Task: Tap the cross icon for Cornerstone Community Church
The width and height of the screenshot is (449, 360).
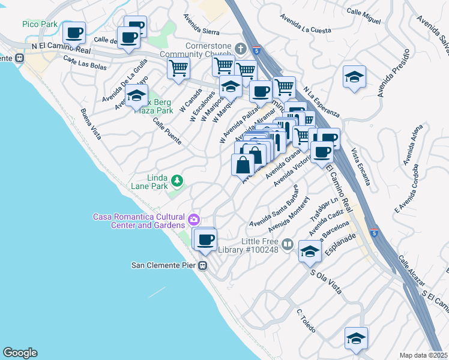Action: (241, 48)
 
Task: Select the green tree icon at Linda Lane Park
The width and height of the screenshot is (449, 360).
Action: (177, 180)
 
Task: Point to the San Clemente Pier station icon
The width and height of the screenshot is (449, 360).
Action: (203, 265)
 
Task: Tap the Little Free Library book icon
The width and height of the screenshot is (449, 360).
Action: (288, 244)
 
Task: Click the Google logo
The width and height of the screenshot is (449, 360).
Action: (20, 353)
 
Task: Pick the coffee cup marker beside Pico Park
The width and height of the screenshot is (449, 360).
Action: (74, 32)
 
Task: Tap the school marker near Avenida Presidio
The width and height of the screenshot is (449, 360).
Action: (355, 77)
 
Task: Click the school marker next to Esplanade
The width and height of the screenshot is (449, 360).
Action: (310, 250)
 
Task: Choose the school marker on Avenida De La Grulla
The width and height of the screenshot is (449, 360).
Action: (136, 95)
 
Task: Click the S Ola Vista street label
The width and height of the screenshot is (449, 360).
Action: (326, 282)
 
